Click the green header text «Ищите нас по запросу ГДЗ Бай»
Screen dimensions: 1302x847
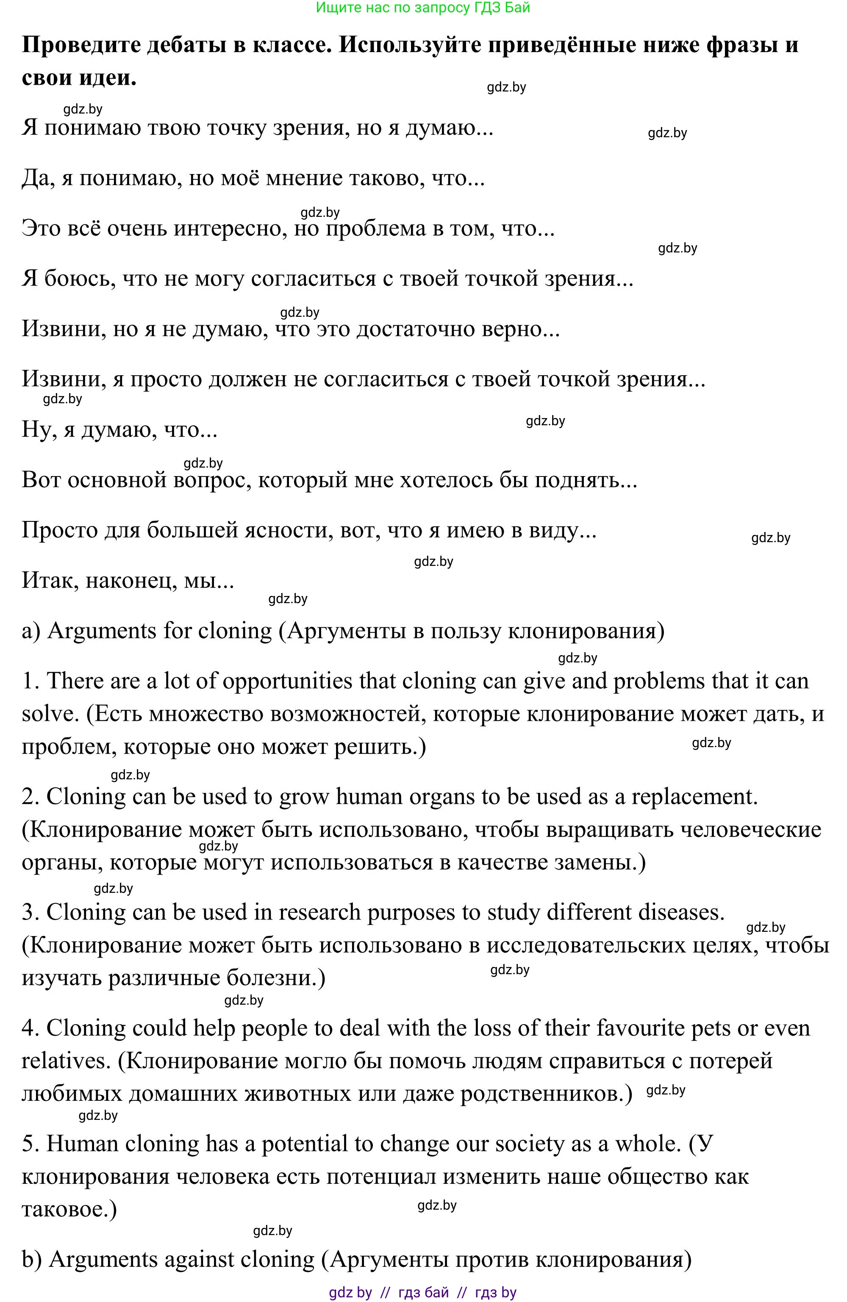pos(423,8)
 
